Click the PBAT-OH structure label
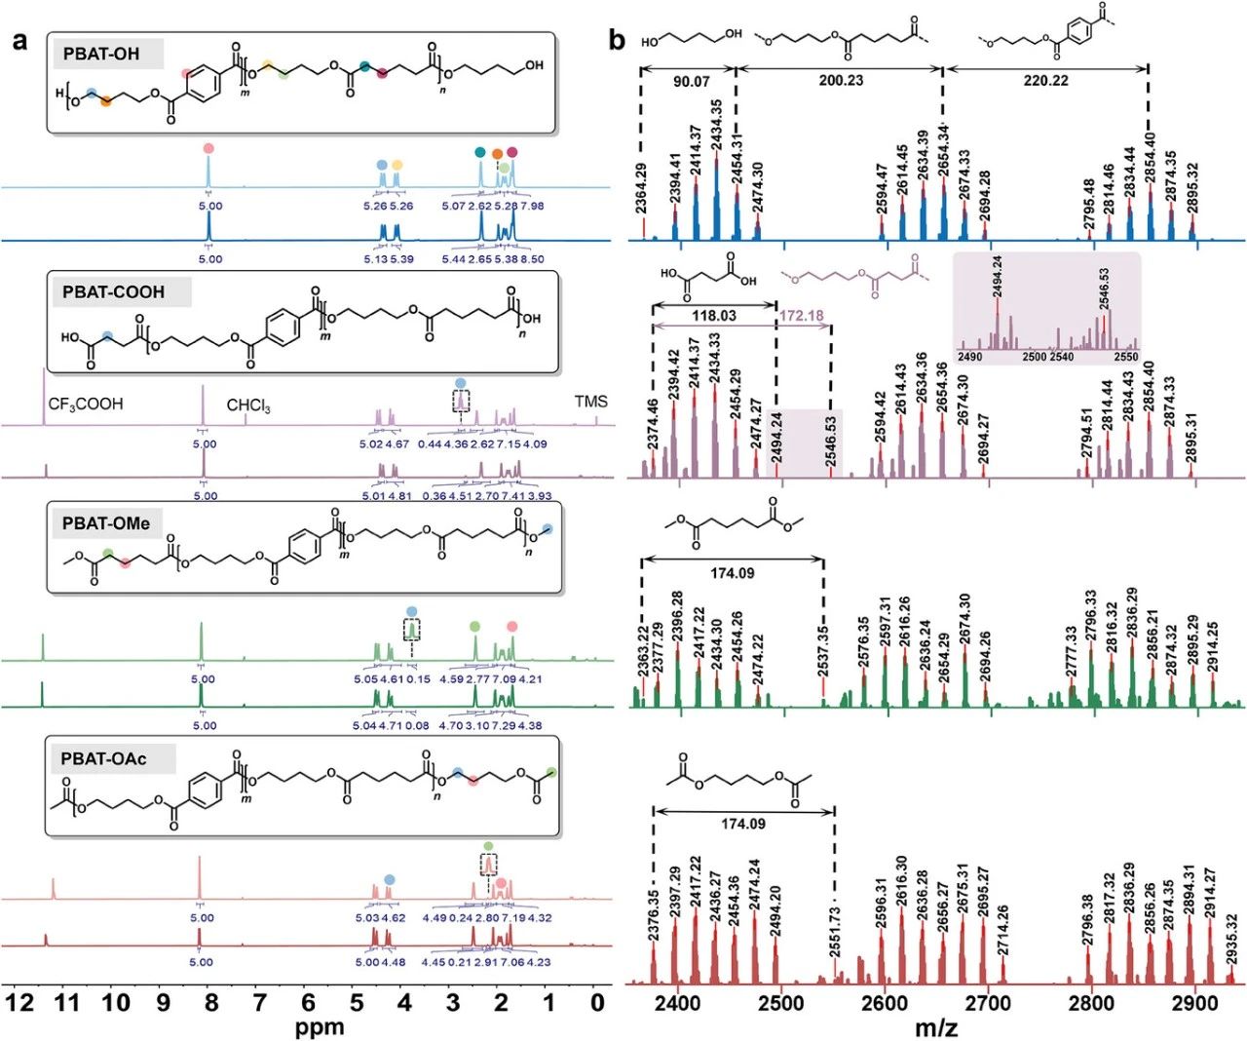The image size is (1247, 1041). point(101,55)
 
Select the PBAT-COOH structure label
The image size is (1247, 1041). point(114,291)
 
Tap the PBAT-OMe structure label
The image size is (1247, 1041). point(106,523)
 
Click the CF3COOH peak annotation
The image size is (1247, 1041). point(86,404)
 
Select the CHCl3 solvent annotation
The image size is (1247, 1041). point(248,405)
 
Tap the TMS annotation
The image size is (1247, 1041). point(590,402)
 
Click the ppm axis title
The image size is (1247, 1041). point(321,1027)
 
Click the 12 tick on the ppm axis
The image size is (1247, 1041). point(20,1003)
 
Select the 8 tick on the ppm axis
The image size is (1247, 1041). point(211,1003)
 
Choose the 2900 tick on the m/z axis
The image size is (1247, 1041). point(1194,1004)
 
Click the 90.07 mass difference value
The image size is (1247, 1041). point(691,82)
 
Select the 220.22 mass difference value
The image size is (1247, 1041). point(1045,81)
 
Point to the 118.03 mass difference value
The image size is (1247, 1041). point(713,316)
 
